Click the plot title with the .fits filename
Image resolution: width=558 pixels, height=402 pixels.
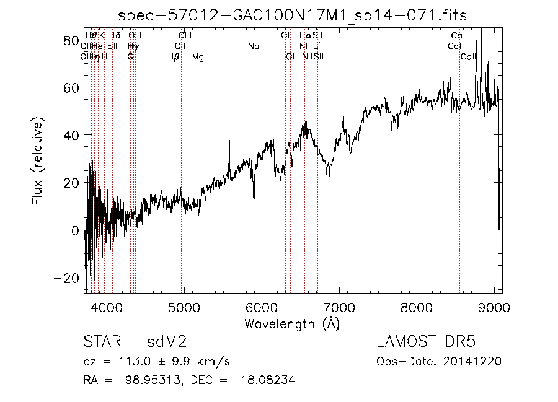pos(293,15)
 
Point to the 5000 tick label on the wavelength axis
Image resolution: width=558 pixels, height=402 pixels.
pos(184,307)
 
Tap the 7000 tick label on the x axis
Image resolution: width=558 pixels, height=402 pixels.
pos(339,307)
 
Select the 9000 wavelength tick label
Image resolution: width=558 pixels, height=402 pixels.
pos(494,307)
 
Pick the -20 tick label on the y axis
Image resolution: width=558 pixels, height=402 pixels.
pos(69,278)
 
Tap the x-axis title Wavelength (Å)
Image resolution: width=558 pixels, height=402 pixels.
pos(292,323)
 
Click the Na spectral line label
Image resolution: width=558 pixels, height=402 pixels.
pos(253,46)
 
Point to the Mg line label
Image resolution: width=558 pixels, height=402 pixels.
pos(198,57)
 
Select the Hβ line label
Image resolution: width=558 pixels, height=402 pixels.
pos(174,57)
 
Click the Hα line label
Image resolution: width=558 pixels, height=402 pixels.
pos(304,36)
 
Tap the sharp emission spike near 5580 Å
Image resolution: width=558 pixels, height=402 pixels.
pos(229,128)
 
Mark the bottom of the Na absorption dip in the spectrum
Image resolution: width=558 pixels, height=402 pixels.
pos(254,198)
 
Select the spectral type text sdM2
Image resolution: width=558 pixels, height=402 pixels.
pos(166,341)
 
